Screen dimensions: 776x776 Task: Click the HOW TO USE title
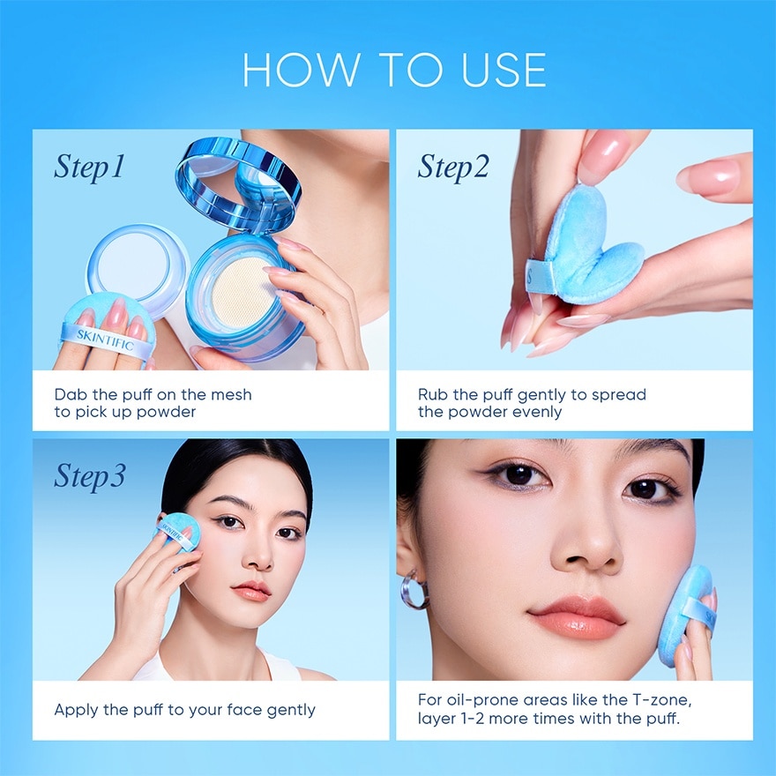point(394,71)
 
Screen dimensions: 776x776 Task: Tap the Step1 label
point(89,167)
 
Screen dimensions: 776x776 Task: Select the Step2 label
point(453,167)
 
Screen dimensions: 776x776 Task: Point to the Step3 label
point(89,476)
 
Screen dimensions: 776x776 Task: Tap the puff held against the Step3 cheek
point(180,533)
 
